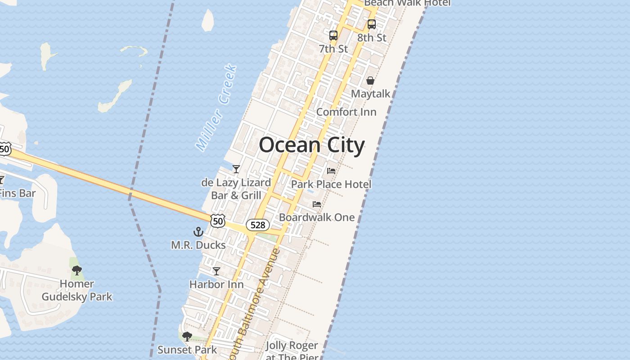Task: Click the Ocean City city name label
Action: tap(311, 145)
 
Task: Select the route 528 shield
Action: tap(257, 225)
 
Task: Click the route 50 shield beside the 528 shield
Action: tap(218, 220)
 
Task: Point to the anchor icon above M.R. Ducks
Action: tap(198, 232)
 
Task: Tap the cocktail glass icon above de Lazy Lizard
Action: tap(236, 169)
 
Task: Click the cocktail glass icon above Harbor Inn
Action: tap(216, 271)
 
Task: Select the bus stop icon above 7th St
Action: tap(333, 35)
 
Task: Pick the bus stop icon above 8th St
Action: tap(372, 24)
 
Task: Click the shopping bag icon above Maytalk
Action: tap(370, 81)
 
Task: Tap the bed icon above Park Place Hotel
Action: tap(331, 171)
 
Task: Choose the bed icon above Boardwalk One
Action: tap(317, 204)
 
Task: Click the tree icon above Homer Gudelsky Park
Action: tap(77, 270)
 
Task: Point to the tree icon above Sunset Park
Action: tap(187, 337)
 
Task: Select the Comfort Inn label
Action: tap(346, 112)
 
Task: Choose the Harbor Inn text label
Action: tap(216, 284)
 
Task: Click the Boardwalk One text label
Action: tap(317, 217)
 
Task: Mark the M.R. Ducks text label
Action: tap(198, 245)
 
